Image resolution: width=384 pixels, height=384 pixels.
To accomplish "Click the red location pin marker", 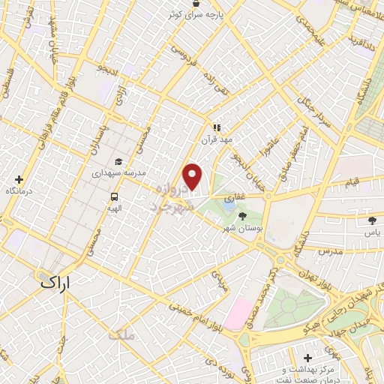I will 193,177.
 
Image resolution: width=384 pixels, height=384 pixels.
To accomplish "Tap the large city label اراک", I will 55,283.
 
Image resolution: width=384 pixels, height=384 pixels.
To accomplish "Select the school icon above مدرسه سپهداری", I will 118,161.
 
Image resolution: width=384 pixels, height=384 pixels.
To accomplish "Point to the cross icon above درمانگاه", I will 19,180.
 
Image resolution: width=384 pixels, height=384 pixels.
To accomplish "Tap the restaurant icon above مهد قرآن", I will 217,128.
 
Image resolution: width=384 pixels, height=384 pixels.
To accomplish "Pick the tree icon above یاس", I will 371,220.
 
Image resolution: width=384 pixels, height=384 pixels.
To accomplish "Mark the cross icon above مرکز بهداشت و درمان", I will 307,358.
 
